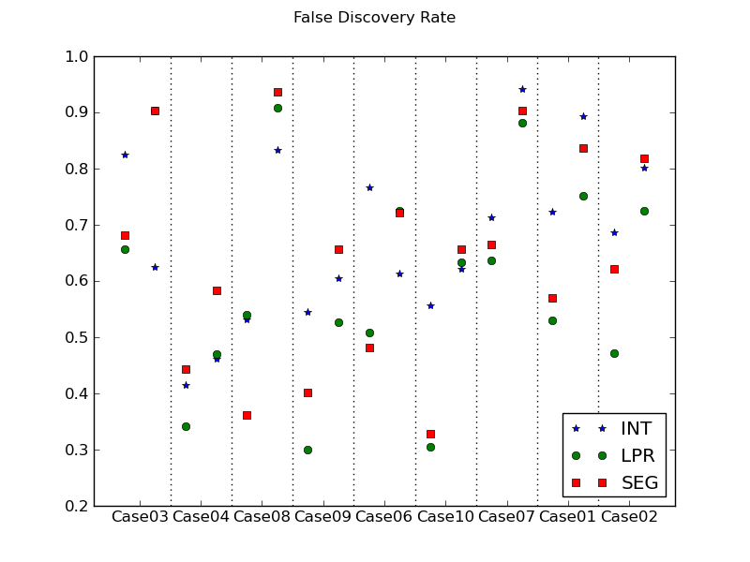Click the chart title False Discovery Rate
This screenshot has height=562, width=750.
tap(374, 18)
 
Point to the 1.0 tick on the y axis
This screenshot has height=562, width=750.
tap(77, 56)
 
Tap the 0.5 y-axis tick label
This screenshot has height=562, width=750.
tap(77, 337)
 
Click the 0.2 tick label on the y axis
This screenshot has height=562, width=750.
tap(77, 506)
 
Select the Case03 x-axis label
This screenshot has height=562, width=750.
tap(140, 517)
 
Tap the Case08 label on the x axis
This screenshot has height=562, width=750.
tap(262, 517)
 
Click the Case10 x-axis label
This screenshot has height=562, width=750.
tap(445, 517)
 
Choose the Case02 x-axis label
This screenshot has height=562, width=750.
tap(628, 517)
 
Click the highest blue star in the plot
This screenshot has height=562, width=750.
tap(522, 89)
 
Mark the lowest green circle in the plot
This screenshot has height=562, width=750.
tap(307, 450)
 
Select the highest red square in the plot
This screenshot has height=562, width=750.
tap(277, 92)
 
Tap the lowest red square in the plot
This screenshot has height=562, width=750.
tap(430, 434)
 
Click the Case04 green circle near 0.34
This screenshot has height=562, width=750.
tap(186, 426)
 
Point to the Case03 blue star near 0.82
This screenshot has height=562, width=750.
tap(125, 155)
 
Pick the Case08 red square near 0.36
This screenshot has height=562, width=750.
tap(247, 415)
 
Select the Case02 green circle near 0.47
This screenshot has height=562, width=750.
tap(614, 353)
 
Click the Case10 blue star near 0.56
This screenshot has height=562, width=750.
tap(430, 305)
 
